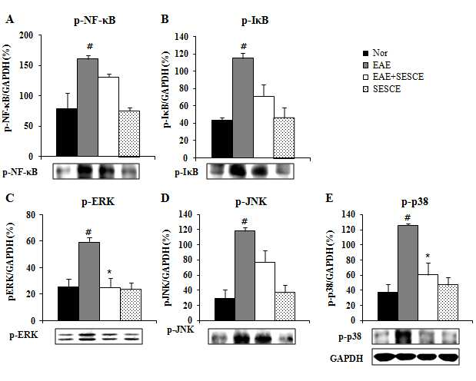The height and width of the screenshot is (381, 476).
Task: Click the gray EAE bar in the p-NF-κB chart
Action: [88, 108]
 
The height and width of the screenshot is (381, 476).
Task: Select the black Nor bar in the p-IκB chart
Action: [222, 139]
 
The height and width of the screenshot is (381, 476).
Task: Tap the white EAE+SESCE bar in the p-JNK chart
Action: [265, 291]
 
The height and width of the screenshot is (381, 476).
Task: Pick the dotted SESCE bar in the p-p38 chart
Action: [448, 303]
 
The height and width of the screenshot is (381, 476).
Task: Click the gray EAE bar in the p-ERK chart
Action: [89, 281]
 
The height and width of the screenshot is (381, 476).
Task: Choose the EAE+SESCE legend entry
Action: [393, 77]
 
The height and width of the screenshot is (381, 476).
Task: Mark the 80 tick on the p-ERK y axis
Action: [32, 215]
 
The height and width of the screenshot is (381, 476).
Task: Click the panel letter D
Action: [165, 198]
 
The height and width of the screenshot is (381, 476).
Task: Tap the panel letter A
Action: [10, 19]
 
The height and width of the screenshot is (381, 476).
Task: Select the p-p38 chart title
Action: [414, 202]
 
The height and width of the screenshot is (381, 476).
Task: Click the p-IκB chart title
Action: [255, 21]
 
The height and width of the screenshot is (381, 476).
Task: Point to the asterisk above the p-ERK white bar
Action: [110, 272]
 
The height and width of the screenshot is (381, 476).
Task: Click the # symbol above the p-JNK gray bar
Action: [245, 220]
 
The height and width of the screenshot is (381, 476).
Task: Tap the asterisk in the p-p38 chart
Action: [428, 257]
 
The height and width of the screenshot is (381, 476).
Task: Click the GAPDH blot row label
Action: [346, 359]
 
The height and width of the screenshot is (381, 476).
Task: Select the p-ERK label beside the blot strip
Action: [24, 335]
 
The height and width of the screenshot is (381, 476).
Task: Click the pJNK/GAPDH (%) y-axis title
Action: [168, 267]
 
